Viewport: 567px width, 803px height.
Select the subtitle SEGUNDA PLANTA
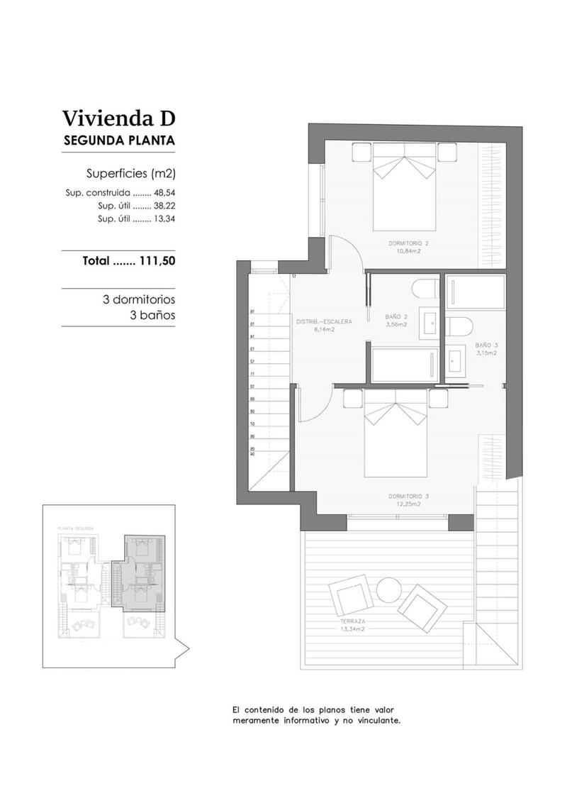tap(118, 140)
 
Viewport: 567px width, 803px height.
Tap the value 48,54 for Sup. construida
tap(164, 192)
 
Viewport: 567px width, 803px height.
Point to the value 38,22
tap(164, 206)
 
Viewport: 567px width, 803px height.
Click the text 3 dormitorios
tap(139, 299)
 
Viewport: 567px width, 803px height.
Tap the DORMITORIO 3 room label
tap(409, 496)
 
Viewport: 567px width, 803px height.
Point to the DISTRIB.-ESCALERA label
tap(324, 321)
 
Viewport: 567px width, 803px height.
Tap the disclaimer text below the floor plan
tap(317, 714)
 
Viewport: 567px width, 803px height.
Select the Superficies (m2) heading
tap(130, 173)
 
